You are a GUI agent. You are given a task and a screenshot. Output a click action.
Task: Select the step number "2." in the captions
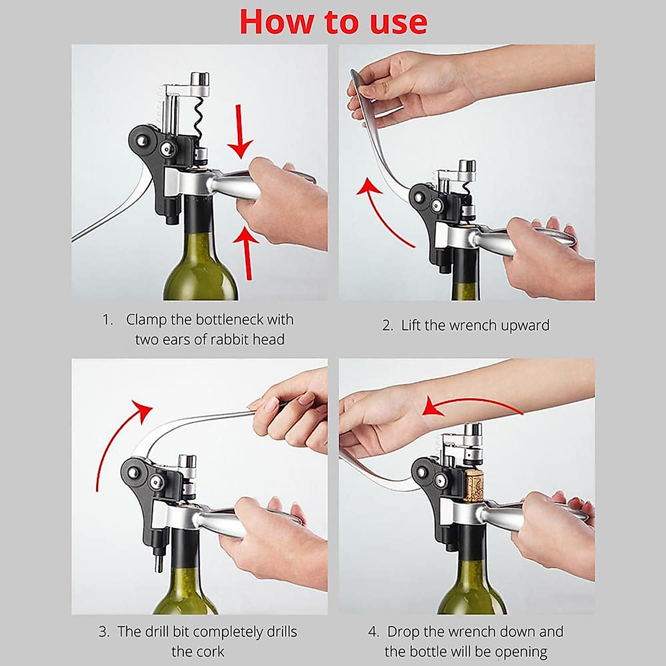pyautogui.click(x=387, y=326)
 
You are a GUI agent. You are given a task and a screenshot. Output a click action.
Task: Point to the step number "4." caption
pyautogui.click(x=374, y=632)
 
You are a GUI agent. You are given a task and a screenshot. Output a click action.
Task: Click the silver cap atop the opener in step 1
pyautogui.click(x=200, y=79)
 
